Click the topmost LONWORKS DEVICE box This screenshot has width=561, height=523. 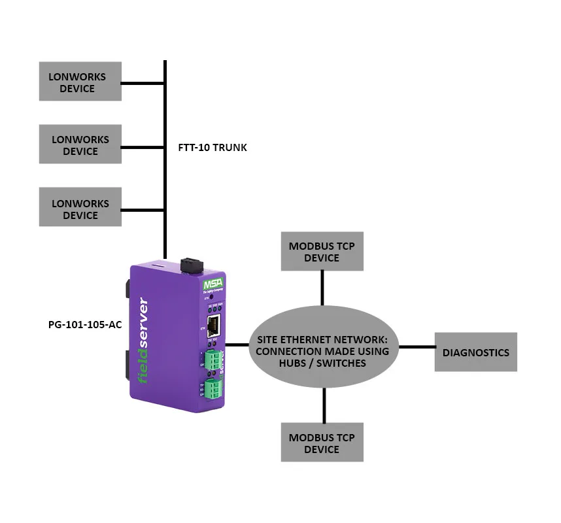(x=80, y=82)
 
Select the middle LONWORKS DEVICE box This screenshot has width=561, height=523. (x=80, y=145)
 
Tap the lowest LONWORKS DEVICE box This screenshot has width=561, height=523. (x=80, y=209)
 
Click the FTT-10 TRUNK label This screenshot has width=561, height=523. (x=212, y=148)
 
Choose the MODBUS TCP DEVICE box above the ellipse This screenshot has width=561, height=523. (x=322, y=252)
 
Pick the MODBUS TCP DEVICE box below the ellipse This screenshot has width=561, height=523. (x=322, y=443)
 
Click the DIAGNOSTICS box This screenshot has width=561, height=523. (x=475, y=352)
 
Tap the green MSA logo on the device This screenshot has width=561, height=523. (x=212, y=286)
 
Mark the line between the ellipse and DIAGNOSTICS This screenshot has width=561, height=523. (x=416, y=347)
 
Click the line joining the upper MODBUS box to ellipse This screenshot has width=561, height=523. (x=322, y=287)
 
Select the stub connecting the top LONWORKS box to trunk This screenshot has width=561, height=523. (x=143, y=83)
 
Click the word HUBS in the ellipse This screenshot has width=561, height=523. (x=290, y=363)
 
